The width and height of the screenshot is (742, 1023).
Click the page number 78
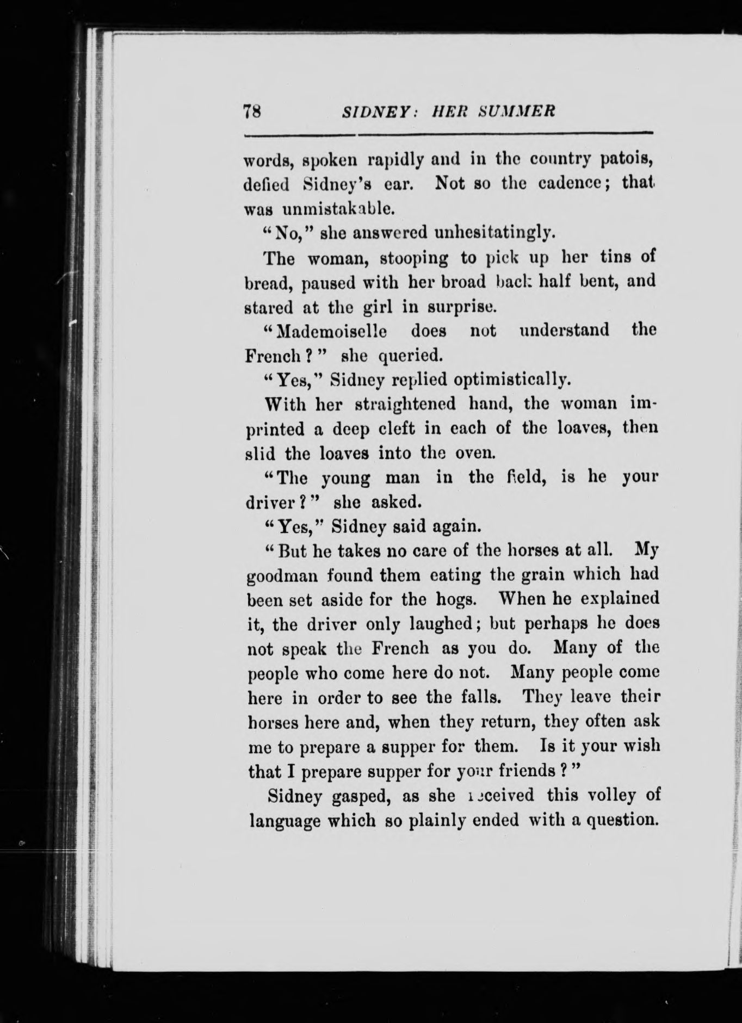click(x=252, y=111)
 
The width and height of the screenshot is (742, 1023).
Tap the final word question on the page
click(x=620, y=820)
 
